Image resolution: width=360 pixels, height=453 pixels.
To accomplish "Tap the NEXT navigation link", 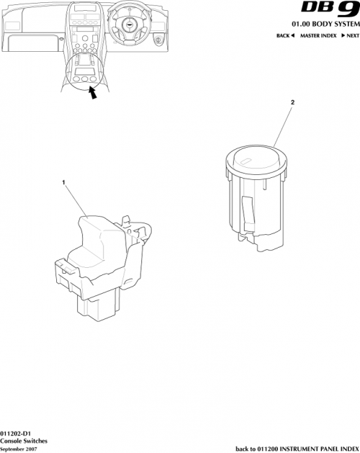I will point(350,35).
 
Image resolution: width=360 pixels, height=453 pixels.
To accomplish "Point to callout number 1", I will point(65,184).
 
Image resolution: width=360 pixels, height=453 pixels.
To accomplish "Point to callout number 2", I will point(292,103).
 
